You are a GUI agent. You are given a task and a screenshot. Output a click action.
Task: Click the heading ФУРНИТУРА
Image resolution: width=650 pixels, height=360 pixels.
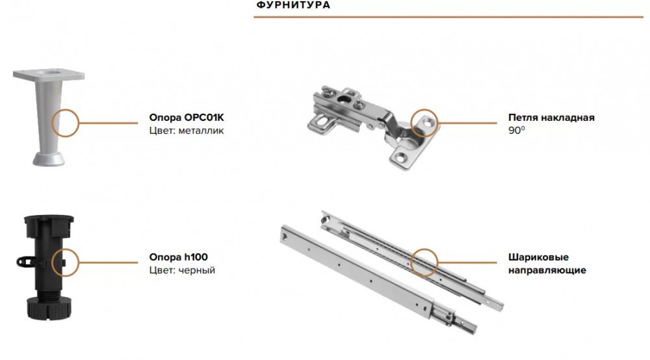coord(293,5)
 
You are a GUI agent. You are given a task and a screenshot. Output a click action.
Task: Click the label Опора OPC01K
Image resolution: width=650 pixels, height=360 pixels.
coord(186,118)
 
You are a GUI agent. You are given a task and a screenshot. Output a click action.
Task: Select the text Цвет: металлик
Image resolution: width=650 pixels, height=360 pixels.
coord(186,131)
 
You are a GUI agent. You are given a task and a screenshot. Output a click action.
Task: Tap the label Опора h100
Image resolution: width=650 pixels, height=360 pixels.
coord(178,257)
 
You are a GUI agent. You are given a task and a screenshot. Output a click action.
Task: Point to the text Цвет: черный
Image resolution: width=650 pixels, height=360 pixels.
coord(182,270)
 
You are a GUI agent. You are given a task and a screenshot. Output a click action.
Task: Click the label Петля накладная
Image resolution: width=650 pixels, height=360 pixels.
coord(551,118)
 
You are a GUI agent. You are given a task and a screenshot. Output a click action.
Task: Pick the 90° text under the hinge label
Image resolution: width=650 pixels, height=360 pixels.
coord(517,131)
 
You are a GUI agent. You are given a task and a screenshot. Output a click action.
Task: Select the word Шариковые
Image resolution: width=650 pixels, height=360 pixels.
coord(538,257)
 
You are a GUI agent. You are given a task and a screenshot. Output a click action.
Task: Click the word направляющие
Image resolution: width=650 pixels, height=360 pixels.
coord(547,270)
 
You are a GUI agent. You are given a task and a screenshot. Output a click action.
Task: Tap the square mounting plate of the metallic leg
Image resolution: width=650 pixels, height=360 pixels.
coord(49,75)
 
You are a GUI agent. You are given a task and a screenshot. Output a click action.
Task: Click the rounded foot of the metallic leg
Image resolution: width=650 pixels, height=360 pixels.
coord(49,159)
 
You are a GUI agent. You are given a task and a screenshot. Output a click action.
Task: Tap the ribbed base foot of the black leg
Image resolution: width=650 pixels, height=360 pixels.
coord(49,308)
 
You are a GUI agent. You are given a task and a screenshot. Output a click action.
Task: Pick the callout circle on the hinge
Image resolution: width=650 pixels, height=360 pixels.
coord(411,123)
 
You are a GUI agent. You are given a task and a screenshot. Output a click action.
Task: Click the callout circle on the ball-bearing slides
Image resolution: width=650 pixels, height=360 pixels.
coord(411,263)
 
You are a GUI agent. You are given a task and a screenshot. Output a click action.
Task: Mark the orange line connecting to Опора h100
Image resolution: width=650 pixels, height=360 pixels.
coord(108,263)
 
